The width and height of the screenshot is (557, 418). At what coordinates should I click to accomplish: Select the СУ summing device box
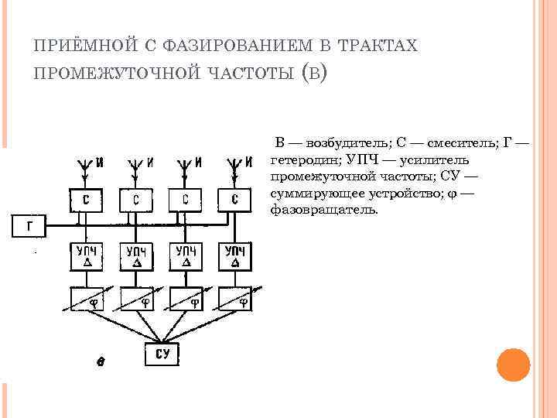click(x=162, y=355)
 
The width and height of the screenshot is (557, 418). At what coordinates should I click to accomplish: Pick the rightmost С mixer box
click(x=235, y=200)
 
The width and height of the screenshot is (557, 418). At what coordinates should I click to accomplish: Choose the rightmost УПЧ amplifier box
click(x=235, y=256)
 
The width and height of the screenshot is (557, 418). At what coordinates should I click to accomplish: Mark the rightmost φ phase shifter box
click(x=235, y=299)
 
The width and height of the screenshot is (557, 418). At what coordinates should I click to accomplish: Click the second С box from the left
click(x=135, y=200)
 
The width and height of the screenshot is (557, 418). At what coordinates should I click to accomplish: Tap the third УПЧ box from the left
click(x=186, y=256)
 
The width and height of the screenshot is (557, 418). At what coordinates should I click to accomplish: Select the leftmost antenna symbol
click(x=84, y=165)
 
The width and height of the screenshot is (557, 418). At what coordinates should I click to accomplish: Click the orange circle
click(x=512, y=365)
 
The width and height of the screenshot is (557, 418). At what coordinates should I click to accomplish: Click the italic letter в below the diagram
click(x=101, y=361)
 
